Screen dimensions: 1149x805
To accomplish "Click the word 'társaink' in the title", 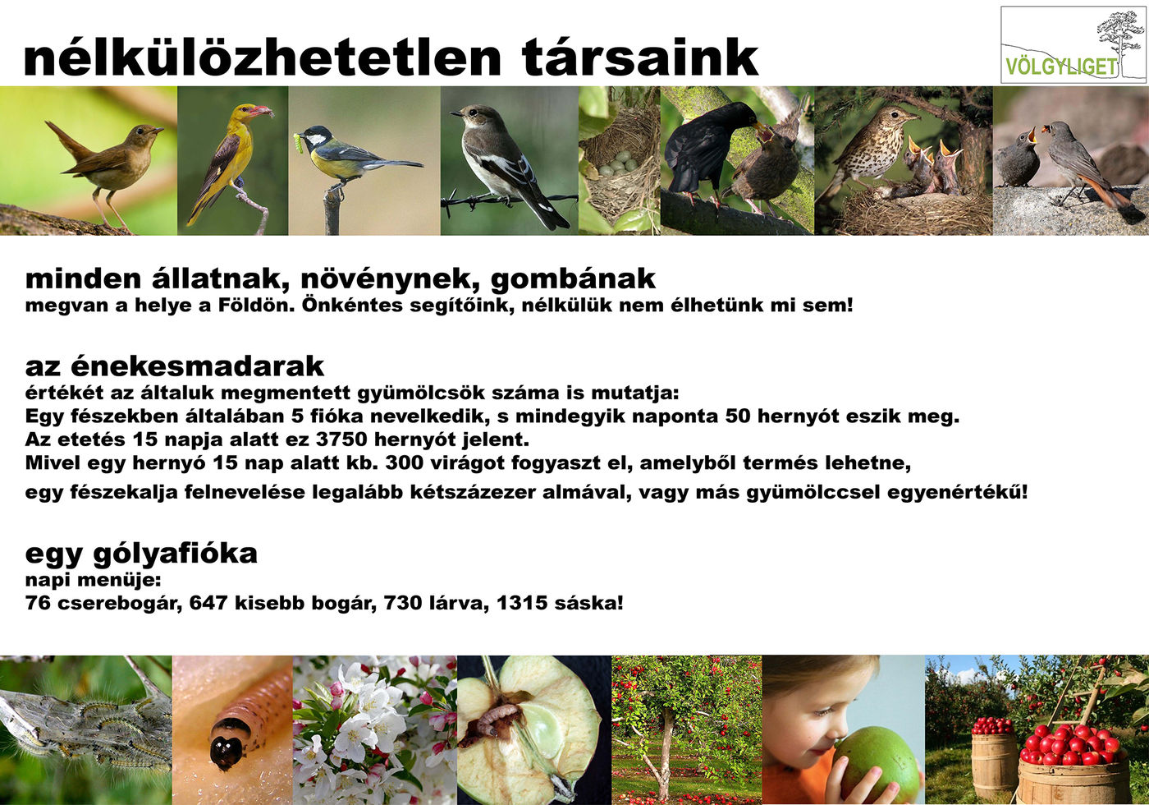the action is [x=639, y=57].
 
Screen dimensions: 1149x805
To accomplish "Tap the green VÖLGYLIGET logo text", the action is [x=1060, y=67].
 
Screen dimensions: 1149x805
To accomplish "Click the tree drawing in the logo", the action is [x=1119, y=43].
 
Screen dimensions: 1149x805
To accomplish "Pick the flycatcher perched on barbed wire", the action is [x=508, y=165].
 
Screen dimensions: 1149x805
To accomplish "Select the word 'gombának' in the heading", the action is [x=573, y=279].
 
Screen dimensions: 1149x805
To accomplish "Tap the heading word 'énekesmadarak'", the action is [x=197, y=366].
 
